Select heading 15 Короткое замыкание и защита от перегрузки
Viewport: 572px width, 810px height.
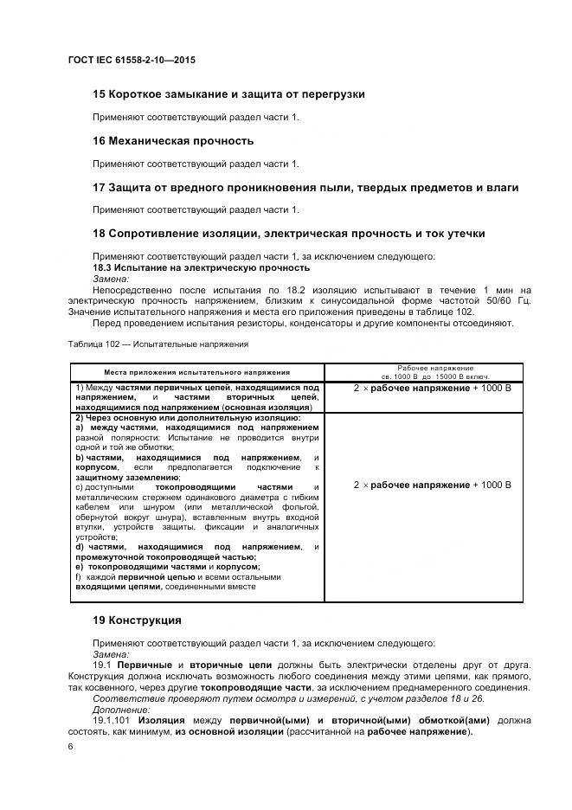click(228, 93)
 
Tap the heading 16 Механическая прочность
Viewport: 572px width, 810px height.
click(173, 140)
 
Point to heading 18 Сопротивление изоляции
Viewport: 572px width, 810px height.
click(288, 234)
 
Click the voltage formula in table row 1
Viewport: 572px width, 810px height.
click(433, 389)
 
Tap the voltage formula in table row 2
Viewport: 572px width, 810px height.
click(433, 485)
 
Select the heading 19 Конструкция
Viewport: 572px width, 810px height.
click(137, 620)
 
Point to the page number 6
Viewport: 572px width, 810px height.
click(70, 745)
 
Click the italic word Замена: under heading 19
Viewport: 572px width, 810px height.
click(111, 655)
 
